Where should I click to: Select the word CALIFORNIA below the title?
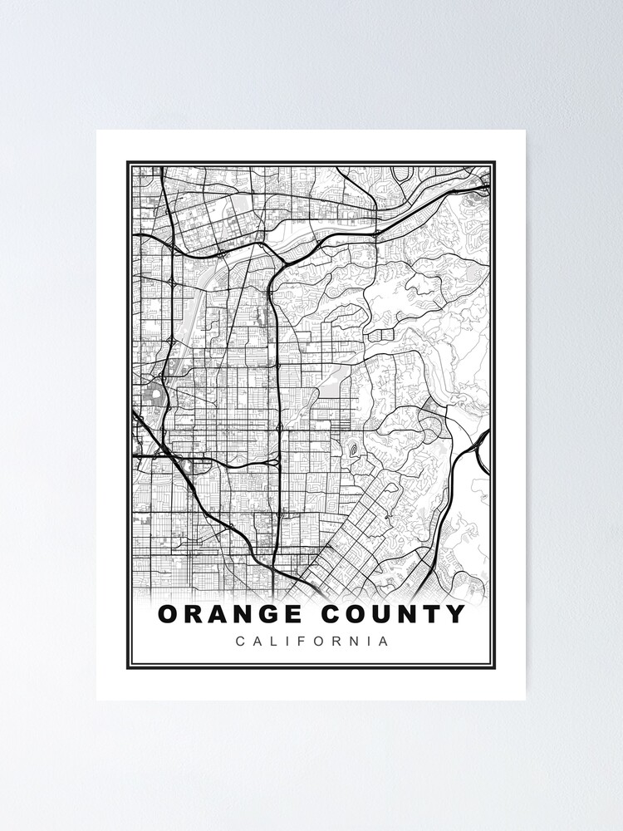pyautogui.click(x=311, y=642)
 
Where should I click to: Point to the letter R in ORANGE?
pyautogui.click(x=193, y=615)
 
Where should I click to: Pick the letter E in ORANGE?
pyautogui.click(x=293, y=615)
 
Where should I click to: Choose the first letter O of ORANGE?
pyautogui.click(x=168, y=615)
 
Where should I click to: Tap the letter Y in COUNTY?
pyautogui.click(x=456, y=615)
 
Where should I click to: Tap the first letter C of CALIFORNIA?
pyautogui.click(x=240, y=642)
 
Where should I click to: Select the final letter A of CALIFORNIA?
pyautogui.click(x=383, y=642)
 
